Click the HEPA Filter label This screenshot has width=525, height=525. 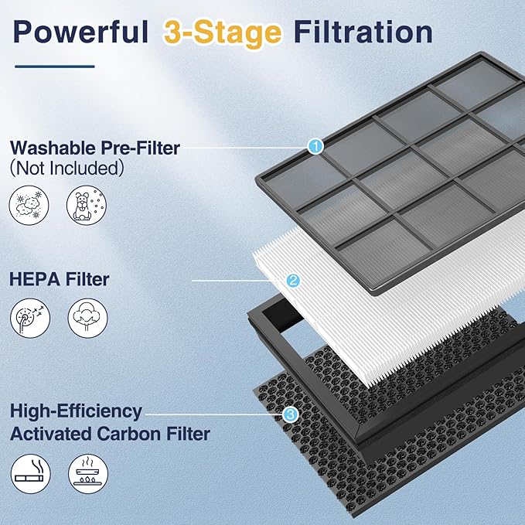point(59,279)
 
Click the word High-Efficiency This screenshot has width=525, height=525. point(76,411)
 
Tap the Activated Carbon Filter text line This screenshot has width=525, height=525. point(110,433)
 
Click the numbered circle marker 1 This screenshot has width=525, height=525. point(315,145)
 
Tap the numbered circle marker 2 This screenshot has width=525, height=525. point(293,281)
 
